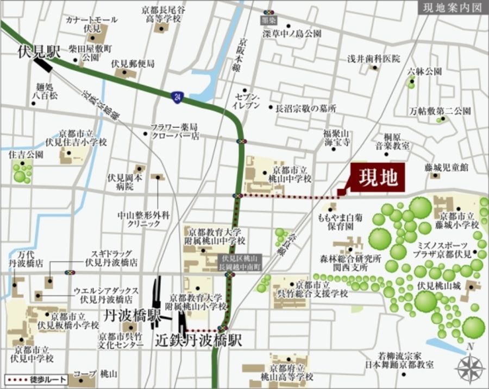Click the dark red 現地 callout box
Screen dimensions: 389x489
[378, 177]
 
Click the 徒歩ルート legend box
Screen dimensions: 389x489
[36, 380]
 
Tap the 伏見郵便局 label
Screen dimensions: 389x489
[133, 63]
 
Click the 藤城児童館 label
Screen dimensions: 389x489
[446, 168]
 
